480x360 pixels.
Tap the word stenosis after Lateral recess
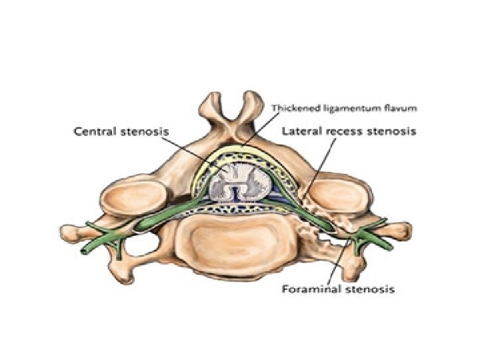[393, 132]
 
